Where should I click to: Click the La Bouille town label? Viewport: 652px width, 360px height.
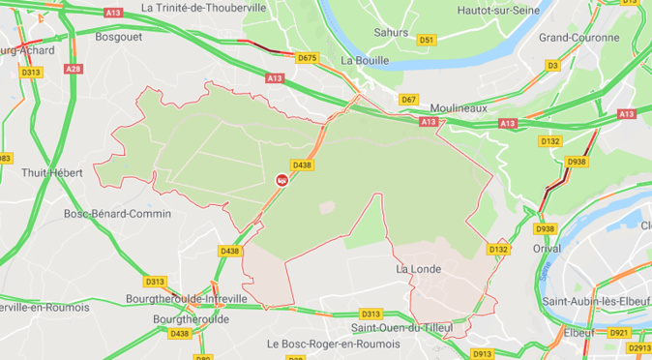[365, 60]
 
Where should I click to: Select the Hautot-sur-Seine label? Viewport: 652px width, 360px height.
[496, 7]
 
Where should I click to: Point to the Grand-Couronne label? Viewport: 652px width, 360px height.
[578, 38]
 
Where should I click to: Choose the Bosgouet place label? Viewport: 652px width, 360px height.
[120, 37]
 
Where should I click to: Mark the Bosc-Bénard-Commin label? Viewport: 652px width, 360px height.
[117, 214]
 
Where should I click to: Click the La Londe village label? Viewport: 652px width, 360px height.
[419, 269]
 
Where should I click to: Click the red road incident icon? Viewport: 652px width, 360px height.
[282, 179]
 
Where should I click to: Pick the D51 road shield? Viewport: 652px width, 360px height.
[428, 40]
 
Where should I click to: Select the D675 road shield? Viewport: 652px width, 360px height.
[307, 58]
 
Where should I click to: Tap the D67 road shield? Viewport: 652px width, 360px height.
[408, 100]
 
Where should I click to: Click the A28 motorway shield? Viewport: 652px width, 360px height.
[73, 69]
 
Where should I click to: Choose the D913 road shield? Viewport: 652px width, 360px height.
[484, 353]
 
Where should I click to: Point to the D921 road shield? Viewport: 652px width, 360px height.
[620, 333]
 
